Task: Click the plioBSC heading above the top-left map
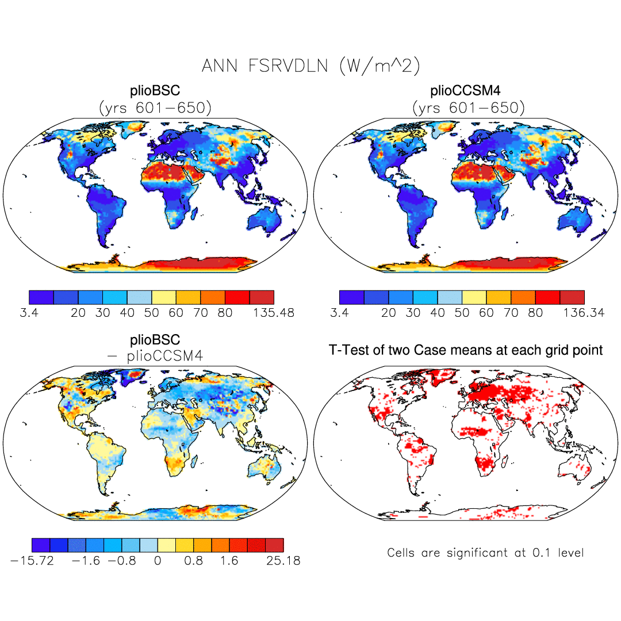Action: point(155,91)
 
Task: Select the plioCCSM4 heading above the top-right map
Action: point(466,91)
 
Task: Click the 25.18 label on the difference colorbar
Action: point(280,561)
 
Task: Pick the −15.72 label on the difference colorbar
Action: point(32,561)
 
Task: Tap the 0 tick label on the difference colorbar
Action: point(158,561)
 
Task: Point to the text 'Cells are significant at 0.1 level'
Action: point(485,553)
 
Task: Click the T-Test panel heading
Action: point(466,350)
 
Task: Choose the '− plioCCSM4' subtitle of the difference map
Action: point(155,356)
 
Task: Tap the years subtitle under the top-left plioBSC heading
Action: point(155,107)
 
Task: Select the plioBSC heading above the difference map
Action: point(155,340)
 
